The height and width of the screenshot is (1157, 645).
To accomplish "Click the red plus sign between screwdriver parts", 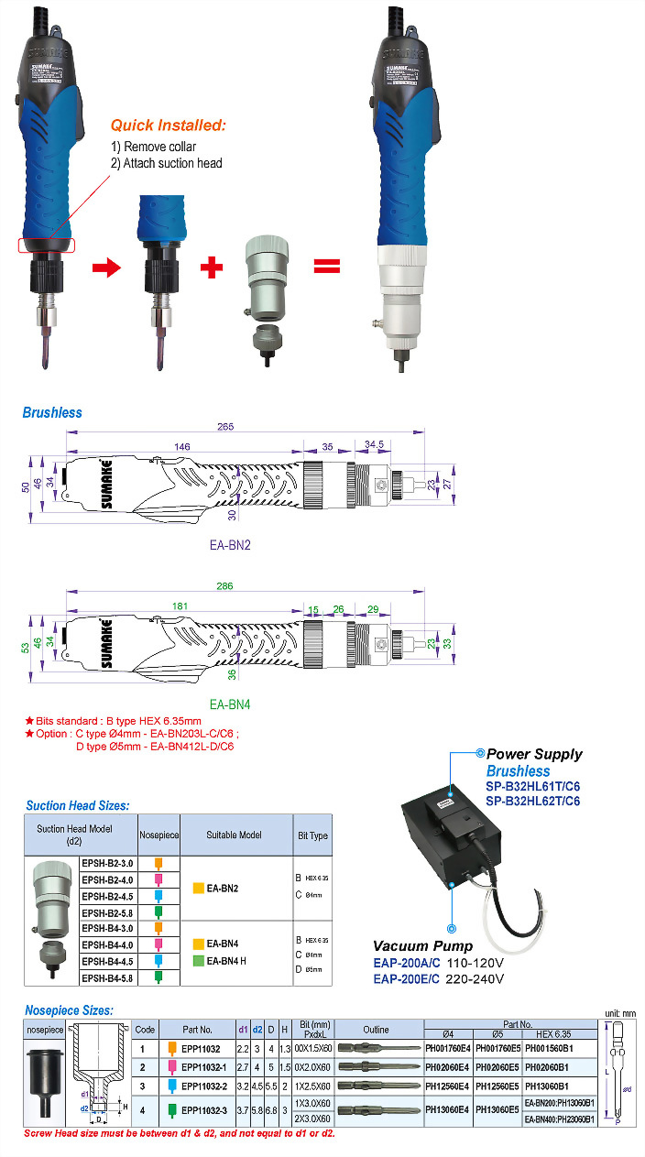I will (212, 267).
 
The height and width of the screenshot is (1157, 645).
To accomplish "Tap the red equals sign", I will (327, 267).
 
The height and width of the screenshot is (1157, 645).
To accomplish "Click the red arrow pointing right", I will (107, 267).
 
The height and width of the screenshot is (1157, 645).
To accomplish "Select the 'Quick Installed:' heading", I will (168, 126).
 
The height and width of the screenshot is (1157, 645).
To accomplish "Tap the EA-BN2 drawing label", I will (230, 545).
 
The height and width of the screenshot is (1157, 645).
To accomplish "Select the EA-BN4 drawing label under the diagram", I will (230, 704).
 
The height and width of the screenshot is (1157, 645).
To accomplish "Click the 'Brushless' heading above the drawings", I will (52, 412).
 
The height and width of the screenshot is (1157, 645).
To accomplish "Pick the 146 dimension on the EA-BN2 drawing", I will (182, 446).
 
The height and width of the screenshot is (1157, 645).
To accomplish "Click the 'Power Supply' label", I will (534, 754).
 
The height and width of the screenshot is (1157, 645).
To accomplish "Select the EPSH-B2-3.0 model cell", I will (108, 863).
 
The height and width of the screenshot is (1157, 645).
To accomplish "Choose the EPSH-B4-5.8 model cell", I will (108, 977).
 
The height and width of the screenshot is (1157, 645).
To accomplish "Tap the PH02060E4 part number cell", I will (447, 1067).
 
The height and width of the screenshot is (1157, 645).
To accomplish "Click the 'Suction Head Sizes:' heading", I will (77, 806).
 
